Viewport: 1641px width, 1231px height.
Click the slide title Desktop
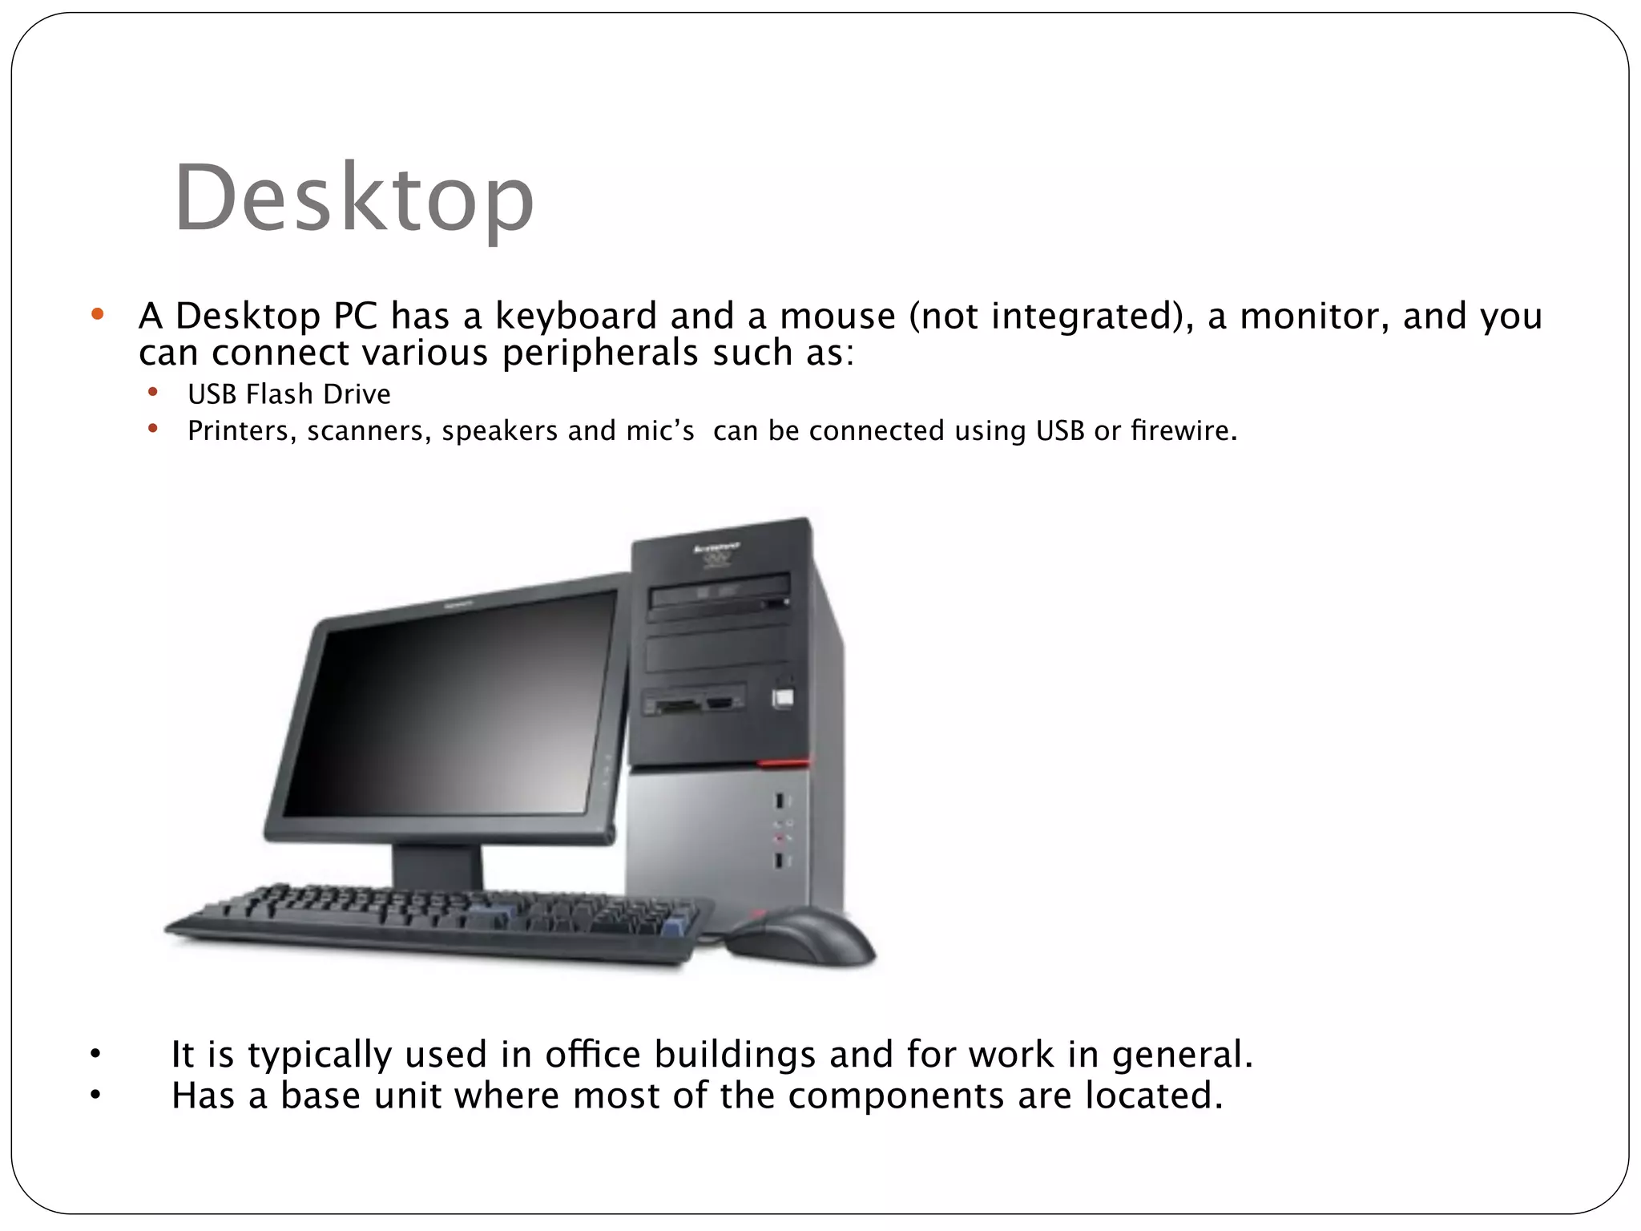pos(353,198)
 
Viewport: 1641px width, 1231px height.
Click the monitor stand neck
pos(437,865)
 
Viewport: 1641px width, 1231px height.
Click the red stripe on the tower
pos(784,763)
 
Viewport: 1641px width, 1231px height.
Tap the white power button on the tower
pos(783,698)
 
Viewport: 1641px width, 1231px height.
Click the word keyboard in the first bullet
pos(576,316)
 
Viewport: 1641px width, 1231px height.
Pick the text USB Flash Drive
pos(289,394)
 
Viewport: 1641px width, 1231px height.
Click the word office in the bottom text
pos(593,1054)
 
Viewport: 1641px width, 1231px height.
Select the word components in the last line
pos(895,1096)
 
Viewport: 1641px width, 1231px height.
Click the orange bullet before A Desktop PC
pos(98,314)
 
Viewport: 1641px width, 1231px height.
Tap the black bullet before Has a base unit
pos(95,1096)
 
